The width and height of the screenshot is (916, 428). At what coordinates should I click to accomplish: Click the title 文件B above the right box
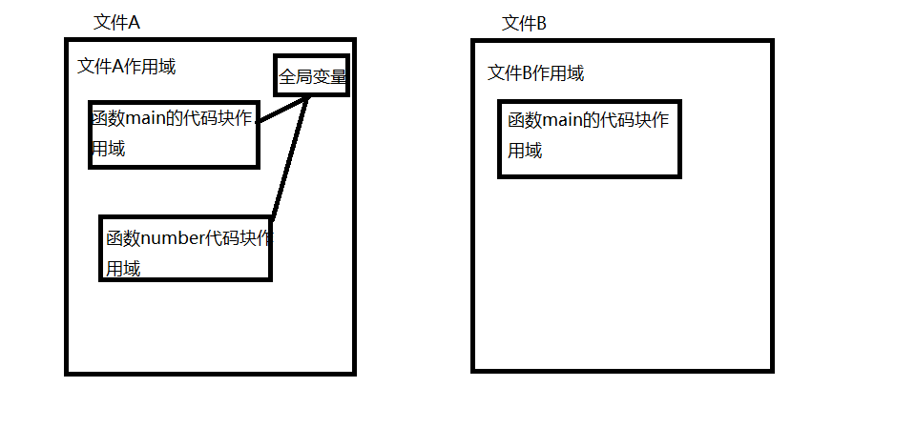coord(524,23)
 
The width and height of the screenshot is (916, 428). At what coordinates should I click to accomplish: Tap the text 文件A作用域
coord(126,67)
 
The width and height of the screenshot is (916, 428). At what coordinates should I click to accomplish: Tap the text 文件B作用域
coord(535,73)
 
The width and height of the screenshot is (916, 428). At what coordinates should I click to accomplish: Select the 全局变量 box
coord(311,76)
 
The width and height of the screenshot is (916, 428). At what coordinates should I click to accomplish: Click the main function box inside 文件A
coord(174,133)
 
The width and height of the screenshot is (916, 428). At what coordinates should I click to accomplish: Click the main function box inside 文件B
coord(589,137)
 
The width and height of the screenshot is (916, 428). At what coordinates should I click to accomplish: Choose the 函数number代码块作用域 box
coord(186,248)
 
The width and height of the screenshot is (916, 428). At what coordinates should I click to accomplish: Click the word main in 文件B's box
coord(562,121)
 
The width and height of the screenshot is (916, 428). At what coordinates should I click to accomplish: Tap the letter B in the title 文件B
coord(541,23)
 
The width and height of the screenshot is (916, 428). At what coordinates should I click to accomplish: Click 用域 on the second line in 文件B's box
coord(525,151)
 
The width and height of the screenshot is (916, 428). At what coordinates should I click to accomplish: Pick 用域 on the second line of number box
coord(123,269)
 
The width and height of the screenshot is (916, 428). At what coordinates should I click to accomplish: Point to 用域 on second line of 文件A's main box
coord(108,149)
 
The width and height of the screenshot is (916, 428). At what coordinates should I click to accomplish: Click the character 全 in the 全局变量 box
coord(287,76)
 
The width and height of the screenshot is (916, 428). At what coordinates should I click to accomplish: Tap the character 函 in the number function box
coord(114,237)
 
